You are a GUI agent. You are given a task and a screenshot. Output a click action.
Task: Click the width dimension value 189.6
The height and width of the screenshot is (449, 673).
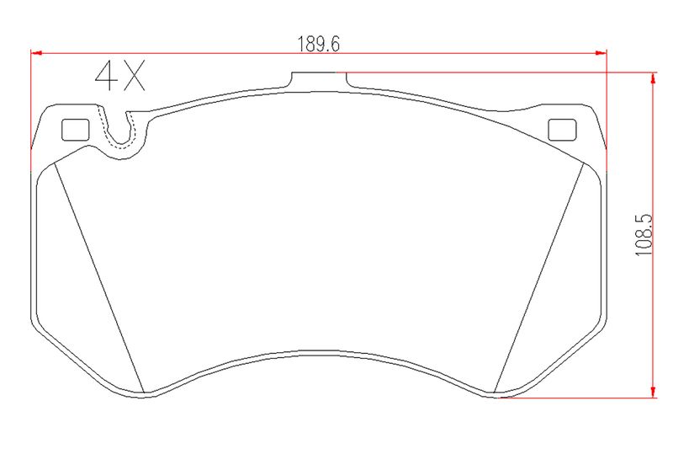319,44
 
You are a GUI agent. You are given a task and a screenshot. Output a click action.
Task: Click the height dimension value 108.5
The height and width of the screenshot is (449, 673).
644,236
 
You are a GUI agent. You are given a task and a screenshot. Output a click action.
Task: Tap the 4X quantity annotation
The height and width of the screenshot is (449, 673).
120,76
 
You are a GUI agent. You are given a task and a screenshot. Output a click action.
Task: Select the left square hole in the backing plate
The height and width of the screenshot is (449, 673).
76,130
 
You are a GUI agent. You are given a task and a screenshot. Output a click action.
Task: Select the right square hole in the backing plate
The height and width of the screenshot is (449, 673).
562,130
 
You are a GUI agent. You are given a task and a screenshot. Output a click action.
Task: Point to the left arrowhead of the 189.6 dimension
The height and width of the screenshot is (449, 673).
36,53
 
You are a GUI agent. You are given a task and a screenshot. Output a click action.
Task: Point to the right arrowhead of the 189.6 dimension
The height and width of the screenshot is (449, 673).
601,53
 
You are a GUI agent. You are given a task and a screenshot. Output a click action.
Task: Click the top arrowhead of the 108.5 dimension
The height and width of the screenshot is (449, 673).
654,78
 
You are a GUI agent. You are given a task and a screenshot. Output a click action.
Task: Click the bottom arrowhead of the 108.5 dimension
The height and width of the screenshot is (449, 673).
654,392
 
